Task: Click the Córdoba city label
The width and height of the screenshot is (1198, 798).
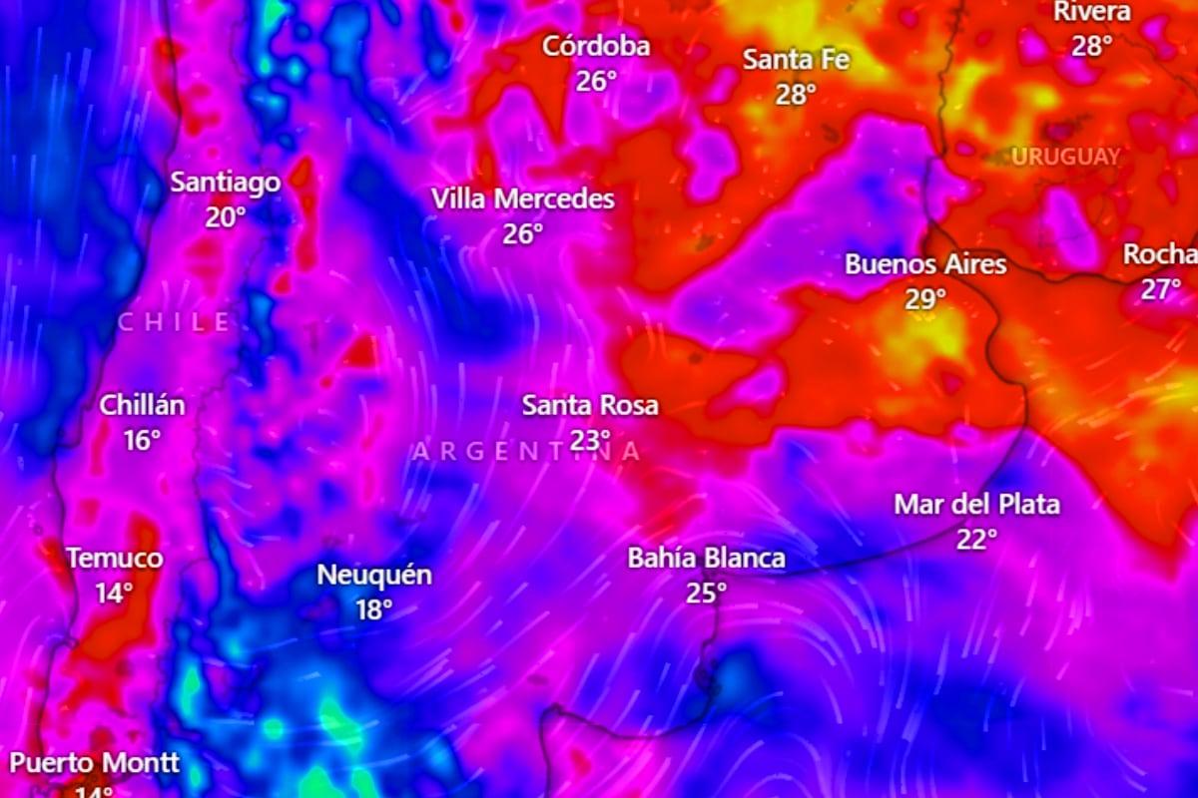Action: [596, 46]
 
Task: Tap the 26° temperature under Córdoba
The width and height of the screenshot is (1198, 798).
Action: [596, 81]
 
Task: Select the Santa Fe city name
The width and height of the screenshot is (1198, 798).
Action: [796, 60]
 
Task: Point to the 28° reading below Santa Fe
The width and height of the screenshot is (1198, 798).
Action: [796, 95]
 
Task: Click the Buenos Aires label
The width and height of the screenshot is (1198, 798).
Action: [925, 264]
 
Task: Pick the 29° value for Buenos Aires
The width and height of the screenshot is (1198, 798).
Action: [925, 299]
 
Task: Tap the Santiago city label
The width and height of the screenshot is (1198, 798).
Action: [225, 183]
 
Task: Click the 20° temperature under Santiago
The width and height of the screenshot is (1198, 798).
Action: [225, 217]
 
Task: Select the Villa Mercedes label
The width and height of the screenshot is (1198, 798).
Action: [523, 199]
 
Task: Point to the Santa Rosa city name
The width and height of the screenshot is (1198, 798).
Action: [590, 406]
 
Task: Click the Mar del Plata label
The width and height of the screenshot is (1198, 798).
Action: [976, 505]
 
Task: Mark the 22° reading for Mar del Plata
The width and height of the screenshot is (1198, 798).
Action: [976, 540]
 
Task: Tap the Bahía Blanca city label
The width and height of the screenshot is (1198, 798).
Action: [706, 559]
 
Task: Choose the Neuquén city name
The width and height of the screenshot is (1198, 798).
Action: [374, 576]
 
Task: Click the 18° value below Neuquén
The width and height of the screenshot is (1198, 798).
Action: [374, 610]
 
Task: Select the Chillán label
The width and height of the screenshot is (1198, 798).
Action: [142, 406]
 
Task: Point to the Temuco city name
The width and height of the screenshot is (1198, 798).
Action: [114, 559]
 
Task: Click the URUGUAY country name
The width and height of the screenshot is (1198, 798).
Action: [1065, 157]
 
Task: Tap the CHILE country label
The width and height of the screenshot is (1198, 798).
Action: [175, 322]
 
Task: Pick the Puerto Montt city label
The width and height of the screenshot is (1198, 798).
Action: [95, 764]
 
